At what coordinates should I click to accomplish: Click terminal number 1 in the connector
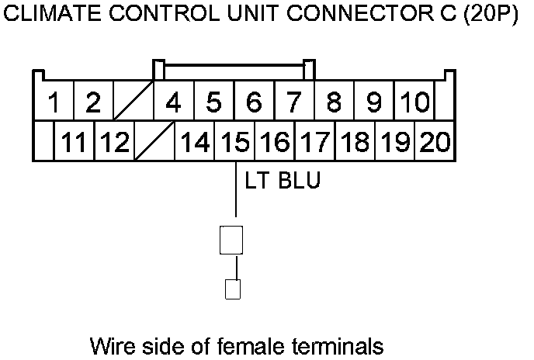(x=54, y=101)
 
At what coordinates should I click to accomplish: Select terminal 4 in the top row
(x=174, y=101)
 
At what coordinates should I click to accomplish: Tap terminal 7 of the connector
(x=294, y=101)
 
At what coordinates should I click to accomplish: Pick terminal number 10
(x=414, y=101)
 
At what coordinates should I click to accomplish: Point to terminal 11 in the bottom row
(x=75, y=140)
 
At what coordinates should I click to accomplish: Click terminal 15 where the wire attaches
(x=234, y=140)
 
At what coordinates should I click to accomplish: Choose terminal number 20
(x=435, y=140)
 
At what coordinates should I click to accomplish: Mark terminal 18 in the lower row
(x=355, y=140)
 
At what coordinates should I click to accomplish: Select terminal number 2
(x=94, y=101)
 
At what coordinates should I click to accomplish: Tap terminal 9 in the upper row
(x=374, y=101)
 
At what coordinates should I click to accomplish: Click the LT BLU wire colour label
(x=283, y=180)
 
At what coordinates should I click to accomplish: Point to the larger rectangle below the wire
(x=231, y=240)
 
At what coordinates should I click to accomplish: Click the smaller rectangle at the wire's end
(x=233, y=289)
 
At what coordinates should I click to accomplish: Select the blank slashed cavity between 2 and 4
(x=133, y=101)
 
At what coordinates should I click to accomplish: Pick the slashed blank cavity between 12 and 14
(x=154, y=140)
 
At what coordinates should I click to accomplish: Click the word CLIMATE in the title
(x=52, y=14)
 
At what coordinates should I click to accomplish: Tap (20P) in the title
(x=491, y=14)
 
